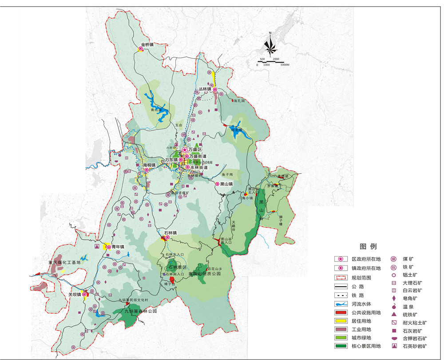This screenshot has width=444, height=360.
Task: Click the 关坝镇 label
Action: [x=75, y=294]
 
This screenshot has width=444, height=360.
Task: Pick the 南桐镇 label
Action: [x=149, y=165]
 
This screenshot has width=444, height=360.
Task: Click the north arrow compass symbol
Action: [x=270, y=44]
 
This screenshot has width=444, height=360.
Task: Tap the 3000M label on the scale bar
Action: [x=284, y=65]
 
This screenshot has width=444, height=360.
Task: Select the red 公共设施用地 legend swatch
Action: [x=342, y=312]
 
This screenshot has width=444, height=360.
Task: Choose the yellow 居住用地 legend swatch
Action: [x=342, y=321]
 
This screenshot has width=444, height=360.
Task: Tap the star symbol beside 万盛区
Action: [x=184, y=150]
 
